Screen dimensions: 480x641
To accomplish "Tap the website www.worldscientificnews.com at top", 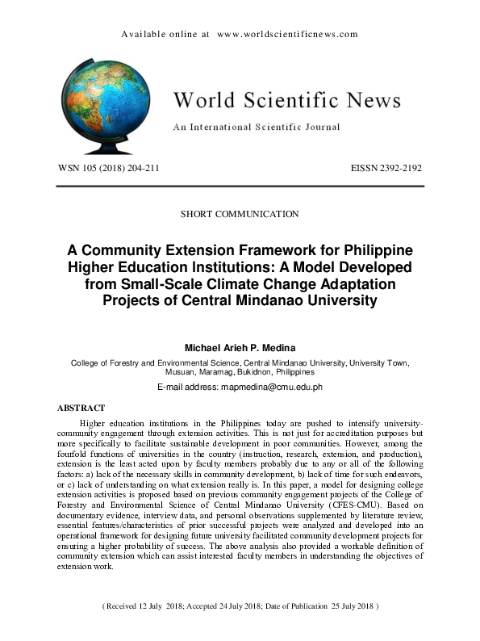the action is pyautogui.click(x=287, y=35).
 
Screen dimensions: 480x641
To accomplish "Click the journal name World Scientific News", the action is pyautogui.click(x=286, y=100).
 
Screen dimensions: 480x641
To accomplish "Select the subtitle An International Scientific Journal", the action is pyautogui.click(x=257, y=127).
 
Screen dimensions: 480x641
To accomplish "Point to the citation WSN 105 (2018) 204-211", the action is pyautogui.click(x=108, y=169).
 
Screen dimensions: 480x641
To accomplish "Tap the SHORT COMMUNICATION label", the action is pyautogui.click(x=240, y=214).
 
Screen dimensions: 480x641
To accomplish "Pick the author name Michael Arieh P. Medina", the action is pyautogui.click(x=240, y=349).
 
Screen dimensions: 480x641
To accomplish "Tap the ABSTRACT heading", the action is pyautogui.click(x=81, y=408).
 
